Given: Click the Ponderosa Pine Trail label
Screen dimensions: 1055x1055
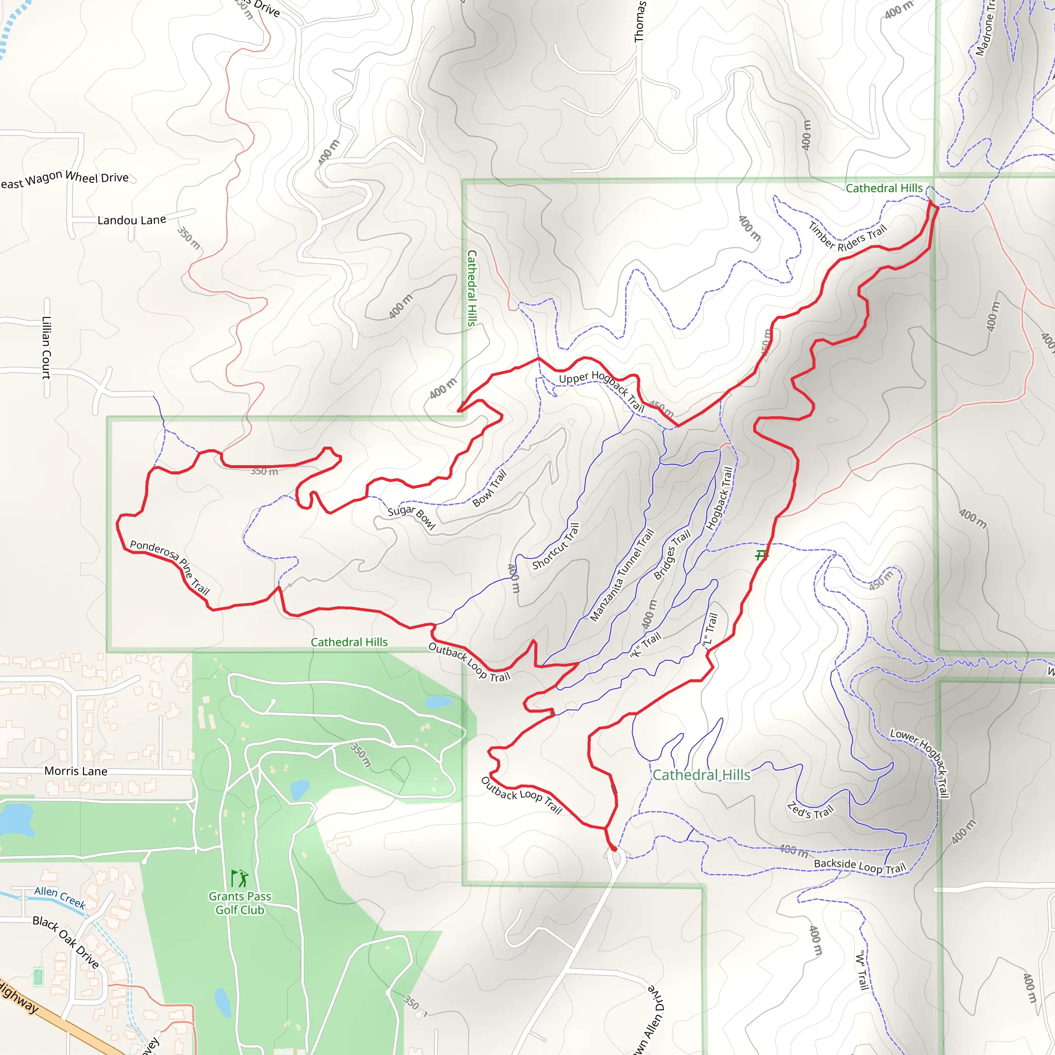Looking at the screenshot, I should click(x=170, y=567).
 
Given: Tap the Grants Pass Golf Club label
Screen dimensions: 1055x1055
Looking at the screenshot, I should click(x=240, y=903).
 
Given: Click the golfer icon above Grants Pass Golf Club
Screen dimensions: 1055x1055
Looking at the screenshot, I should click(x=240, y=879).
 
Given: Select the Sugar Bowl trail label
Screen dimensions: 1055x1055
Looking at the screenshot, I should click(x=411, y=517).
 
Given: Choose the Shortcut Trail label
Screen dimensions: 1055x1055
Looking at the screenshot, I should click(x=555, y=546).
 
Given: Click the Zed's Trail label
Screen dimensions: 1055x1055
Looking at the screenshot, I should click(x=810, y=811).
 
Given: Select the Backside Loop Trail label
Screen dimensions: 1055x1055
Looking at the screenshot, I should click(x=860, y=866).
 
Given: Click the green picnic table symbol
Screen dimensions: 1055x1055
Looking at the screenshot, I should click(x=761, y=556).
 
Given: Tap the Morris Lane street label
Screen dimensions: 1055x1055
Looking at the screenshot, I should click(x=76, y=771).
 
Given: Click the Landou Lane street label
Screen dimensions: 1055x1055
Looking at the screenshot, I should click(x=131, y=220).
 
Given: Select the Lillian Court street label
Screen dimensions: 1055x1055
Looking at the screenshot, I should click(x=46, y=347).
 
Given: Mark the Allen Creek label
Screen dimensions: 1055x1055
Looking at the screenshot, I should click(x=60, y=897).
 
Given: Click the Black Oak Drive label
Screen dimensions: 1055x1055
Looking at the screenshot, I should click(x=66, y=942).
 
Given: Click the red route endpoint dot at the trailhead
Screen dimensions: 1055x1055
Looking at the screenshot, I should click(x=614, y=848).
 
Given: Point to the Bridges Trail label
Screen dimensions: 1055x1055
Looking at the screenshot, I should click(x=672, y=554).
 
